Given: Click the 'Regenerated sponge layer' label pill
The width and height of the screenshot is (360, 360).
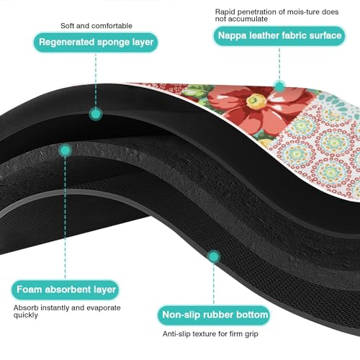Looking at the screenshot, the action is (96, 42).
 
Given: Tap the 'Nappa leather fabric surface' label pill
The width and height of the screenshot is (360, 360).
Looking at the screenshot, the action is (279, 36).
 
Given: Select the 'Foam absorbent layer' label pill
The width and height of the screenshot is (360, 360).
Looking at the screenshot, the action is (66, 289).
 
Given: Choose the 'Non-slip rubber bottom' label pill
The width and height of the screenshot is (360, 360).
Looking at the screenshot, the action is (214, 315).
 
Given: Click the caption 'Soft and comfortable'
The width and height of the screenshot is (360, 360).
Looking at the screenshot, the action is (96, 26).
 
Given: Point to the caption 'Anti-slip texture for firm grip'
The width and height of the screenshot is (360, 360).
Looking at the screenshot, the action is (210, 334).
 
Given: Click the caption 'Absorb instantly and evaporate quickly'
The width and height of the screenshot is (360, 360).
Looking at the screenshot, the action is (67, 311).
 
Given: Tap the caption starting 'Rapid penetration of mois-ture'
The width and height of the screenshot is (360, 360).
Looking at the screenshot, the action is (276, 15).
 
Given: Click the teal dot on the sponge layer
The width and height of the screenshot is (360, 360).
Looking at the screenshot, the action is (96, 114).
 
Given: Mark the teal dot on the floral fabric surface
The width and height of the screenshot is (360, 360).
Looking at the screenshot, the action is (279, 86).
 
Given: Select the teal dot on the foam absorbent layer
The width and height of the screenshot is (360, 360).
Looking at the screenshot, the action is (65, 150).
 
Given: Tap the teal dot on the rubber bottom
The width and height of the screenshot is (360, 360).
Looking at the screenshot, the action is (214, 256).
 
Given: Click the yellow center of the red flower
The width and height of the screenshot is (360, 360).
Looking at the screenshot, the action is (257, 102).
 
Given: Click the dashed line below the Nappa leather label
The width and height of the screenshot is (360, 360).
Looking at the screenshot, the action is (279, 63).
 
